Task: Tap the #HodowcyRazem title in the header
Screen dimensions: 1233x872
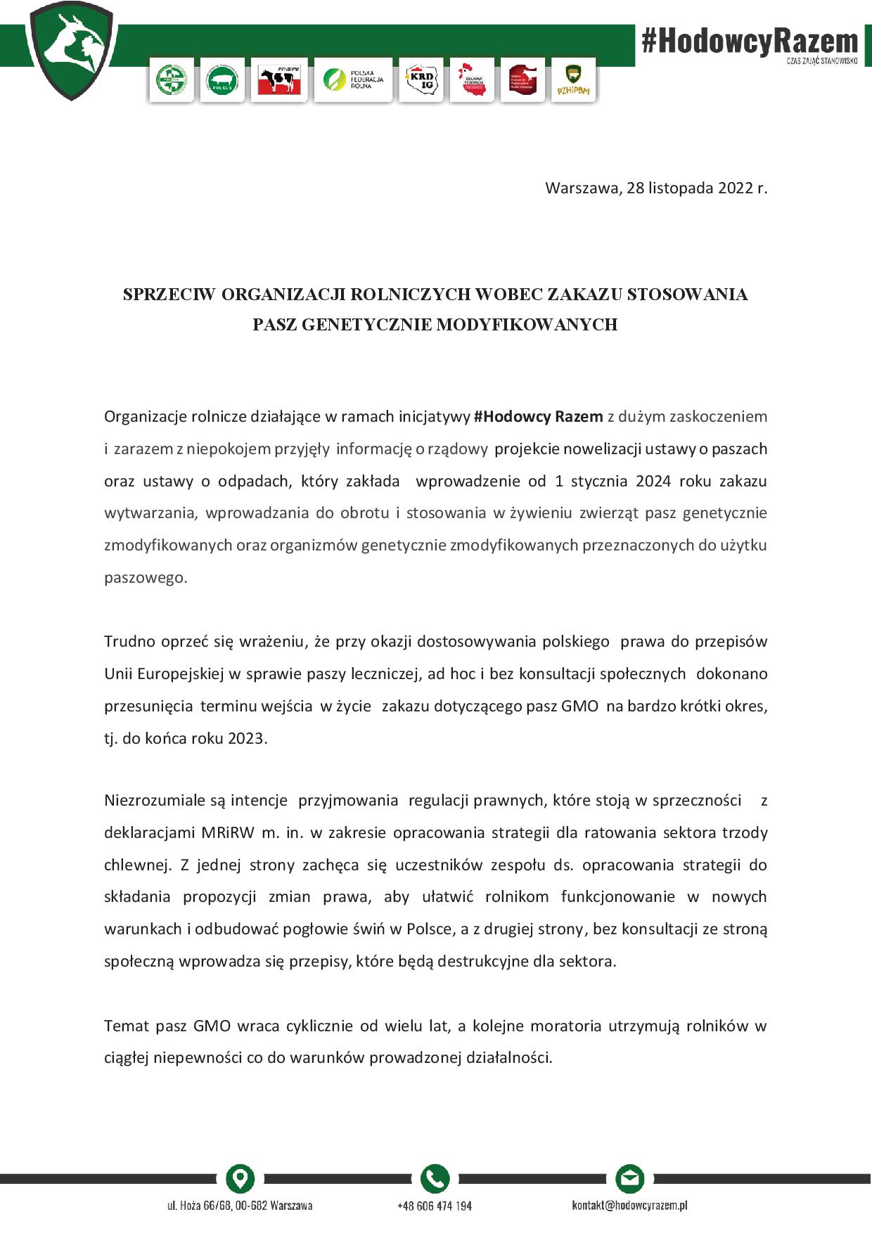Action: click(750, 41)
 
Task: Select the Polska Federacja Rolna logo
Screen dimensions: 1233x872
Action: click(353, 79)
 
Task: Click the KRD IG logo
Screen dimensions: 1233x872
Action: click(422, 80)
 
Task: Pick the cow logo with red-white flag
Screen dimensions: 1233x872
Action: click(279, 80)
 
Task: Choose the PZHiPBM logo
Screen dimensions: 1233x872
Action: click(573, 80)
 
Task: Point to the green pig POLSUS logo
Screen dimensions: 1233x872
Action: click(222, 80)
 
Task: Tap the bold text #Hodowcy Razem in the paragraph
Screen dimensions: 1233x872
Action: click(538, 416)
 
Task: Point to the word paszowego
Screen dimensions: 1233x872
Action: click(145, 578)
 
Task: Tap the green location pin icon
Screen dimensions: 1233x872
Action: click(240, 1178)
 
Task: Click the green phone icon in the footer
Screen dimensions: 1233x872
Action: click(435, 1178)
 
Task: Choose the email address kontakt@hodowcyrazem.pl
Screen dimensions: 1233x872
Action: click(629, 1206)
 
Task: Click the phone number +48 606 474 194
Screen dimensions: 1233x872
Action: click(435, 1206)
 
